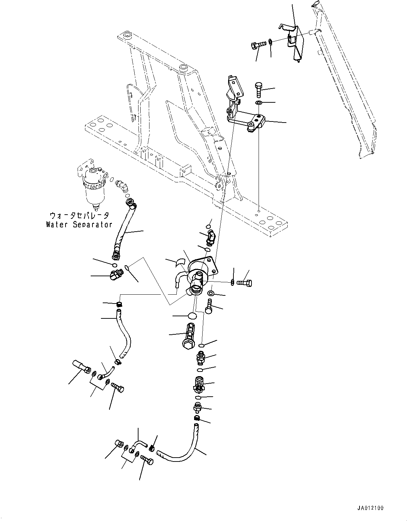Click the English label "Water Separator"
click(x=79, y=224)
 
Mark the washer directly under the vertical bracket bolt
click(x=259, y=103)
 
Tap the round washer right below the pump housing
click(x=211, y=293)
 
